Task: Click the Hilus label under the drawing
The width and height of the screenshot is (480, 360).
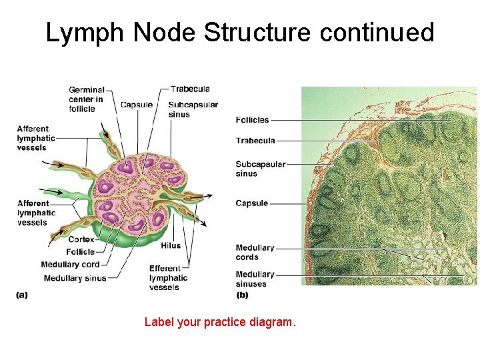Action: click(x=171, y=245)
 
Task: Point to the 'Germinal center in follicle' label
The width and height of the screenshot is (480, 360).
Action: click(x=86, y=99)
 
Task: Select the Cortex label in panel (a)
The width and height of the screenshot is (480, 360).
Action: click(x=80, y=239)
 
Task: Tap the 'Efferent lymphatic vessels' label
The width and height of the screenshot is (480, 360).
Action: click(x=168, y=278)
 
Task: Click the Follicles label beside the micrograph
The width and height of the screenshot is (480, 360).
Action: click(x=252, y=120)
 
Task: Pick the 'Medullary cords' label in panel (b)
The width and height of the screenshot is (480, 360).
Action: click(x=255, y=252)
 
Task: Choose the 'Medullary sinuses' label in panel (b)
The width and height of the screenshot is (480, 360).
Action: click(x=255, y=279)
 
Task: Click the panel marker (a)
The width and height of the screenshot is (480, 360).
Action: click(x=22, y=295)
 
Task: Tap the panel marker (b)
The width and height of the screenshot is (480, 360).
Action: click(x=242, y=295)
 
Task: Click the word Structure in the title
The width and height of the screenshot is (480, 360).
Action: click(x=259, y=32)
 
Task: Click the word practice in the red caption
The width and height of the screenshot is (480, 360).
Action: click(x=225, y=323)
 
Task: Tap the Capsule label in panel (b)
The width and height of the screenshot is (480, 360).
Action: click(x=251, y=203)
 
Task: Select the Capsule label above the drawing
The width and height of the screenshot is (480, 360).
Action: click(x=136, y=105)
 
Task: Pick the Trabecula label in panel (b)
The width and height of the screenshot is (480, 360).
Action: click(x=255, y=141)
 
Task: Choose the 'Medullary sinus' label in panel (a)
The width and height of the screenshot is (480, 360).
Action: click(x=73, y=278)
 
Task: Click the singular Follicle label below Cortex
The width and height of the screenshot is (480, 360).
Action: click(x=80, y=252)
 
